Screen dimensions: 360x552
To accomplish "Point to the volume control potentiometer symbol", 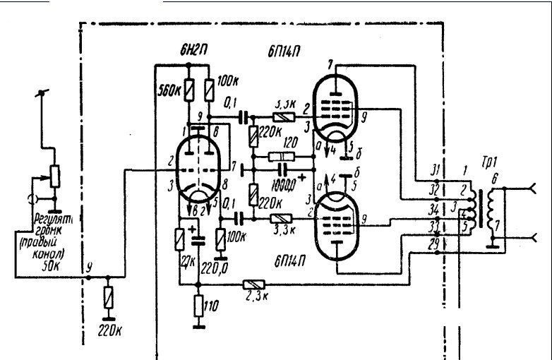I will [x=54, y=174].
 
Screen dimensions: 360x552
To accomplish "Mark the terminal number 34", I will [x=432, y=210].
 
